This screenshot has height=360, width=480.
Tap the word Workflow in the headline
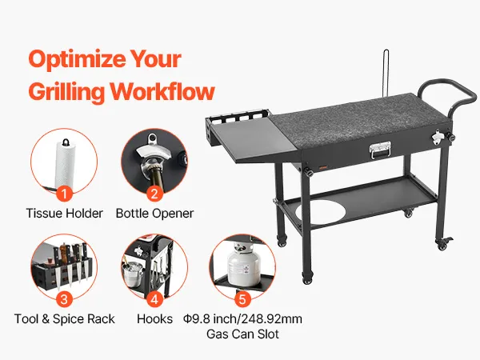click(x=162, y=91)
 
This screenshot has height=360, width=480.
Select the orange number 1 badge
click(x=64, y=194)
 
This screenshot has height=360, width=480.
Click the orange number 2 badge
click(x=154, y=194)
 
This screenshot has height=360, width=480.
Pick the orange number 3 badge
click(x=64, y=299)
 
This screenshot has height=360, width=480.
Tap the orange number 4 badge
click(x=154, y=299)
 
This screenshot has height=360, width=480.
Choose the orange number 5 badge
click(x=242, y=299)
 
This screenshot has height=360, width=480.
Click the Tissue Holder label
click(x=64, y=214)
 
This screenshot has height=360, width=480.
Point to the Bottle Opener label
click(x=154, y=214)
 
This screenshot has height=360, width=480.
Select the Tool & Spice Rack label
click(x=64, y=319)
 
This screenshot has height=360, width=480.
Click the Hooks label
click(x=154, y=319)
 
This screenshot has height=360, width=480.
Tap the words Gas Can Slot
click(x=242, y=334)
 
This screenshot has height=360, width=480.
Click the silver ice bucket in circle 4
click(x=133, y=273)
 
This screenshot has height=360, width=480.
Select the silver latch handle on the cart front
click(x=380, y=150)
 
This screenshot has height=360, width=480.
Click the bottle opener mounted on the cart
click(x=437, y=136)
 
